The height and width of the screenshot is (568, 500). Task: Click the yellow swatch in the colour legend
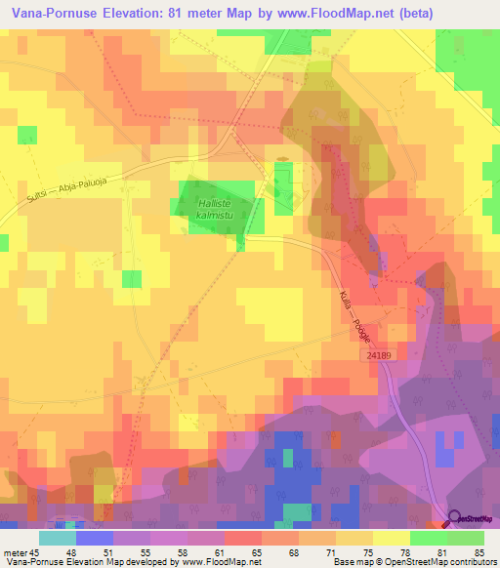392,538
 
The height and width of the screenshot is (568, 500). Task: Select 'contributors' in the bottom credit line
469,562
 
